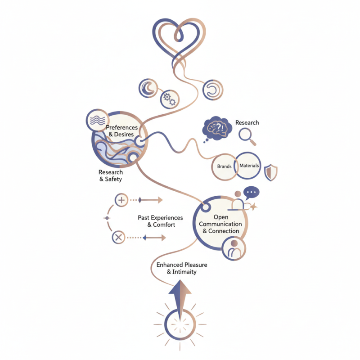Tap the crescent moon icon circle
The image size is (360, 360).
point(148,88)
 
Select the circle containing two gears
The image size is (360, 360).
point(170,99)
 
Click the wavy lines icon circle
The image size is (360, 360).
point(97,120)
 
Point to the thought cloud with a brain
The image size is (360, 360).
point(217,128)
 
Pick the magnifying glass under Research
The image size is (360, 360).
point(247,137)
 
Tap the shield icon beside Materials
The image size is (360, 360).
point(271,172)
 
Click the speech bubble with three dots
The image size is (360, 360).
point(251,193)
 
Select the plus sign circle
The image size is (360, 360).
point(121,200)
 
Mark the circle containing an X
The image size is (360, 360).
point(118,237)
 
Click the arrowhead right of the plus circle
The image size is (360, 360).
point(160,200)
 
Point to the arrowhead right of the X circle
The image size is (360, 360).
point(163,238)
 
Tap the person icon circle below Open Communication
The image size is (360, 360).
point(234,249)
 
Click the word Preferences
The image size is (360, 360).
point(121,127)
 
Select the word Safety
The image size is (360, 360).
point(113,179)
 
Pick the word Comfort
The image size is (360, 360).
point(164,225)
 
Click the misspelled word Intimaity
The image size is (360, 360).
point(184,272)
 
